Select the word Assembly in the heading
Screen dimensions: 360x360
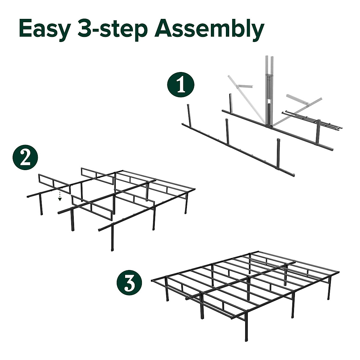[x=209, y=28]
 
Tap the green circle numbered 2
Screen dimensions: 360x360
[x=25, y=157]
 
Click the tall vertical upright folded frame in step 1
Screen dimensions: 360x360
[x=268, y=90]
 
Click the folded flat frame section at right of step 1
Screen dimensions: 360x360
[x=312, y=120]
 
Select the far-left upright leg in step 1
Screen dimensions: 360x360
[x=189, y=114]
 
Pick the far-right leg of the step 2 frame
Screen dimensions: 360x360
[x=186, y=204]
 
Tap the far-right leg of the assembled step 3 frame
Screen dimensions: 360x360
[x=329, y=288]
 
